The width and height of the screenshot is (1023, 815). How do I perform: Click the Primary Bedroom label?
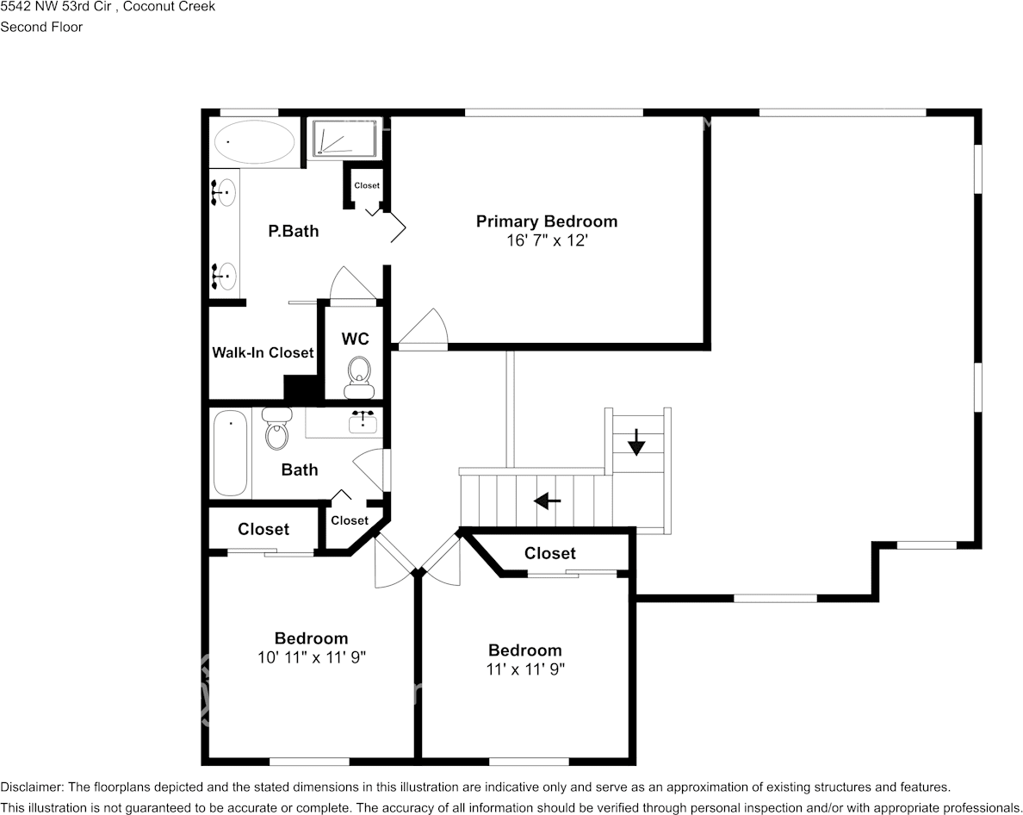click(546, 221)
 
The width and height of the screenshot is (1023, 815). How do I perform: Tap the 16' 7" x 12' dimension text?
click(546, 240)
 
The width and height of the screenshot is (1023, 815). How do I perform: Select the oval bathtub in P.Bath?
click(254, 141)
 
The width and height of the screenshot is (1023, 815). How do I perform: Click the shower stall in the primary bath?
click(344, 139)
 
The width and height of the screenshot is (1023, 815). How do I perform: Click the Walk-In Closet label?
click(263, 352)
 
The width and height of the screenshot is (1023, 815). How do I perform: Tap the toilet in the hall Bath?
click(277, 430)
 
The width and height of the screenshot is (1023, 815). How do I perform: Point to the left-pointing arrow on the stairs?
click(547, 500)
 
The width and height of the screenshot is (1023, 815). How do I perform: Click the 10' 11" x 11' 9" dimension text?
click(311, 656)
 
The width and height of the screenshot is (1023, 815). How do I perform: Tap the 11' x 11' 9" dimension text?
click(524, 669)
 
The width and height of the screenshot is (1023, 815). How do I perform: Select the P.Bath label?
click(293, 231)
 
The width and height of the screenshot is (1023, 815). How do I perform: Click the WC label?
click(355, 339)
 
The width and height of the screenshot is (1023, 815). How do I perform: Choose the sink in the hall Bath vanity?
click(363, 422)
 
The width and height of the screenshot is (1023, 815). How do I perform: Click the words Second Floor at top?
click(41, 27)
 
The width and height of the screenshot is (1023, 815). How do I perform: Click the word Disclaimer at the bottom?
click(31, 787)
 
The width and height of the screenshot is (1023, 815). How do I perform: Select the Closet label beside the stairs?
click(549, 553)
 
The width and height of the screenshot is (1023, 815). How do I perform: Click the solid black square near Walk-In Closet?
click(301, 388)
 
